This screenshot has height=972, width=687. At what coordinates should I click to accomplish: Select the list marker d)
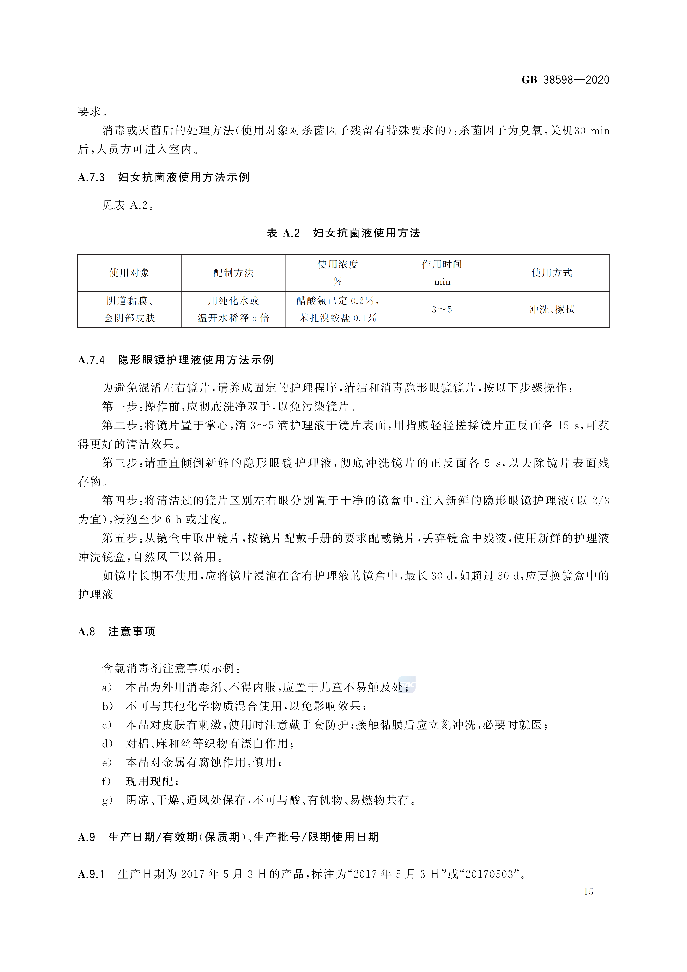click(x=107, y=744)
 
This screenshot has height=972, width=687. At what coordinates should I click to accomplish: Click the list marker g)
click(x=107, y=800)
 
